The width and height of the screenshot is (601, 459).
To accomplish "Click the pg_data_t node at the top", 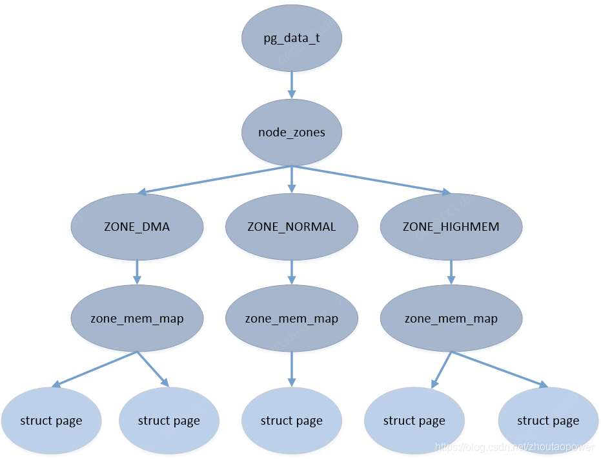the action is (292, 38).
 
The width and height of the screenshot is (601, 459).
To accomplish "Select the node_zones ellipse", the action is (292, 133).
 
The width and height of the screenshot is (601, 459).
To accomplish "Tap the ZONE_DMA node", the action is (138, 227).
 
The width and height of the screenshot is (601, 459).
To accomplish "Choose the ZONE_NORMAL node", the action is (292, 227).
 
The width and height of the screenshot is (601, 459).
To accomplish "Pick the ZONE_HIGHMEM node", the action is (451, 227).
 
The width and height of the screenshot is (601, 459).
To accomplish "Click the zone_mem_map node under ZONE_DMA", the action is (138, 318).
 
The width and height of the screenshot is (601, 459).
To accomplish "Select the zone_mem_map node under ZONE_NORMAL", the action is (292, 318).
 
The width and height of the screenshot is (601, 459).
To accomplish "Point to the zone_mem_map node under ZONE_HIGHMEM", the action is (451, 318).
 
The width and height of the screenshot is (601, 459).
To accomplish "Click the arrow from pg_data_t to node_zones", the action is (292, 85).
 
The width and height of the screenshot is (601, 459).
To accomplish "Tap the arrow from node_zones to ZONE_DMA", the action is (214, 180).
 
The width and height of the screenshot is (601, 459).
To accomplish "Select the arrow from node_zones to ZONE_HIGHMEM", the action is (371, 180).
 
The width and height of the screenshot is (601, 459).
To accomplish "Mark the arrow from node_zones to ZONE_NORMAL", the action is (292, 180).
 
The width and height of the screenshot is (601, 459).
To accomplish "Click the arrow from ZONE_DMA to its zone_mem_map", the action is (138, 272).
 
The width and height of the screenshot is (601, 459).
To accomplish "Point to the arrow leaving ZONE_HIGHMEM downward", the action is (451, 272).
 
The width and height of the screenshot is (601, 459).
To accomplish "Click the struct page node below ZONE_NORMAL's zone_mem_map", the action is (292, 421).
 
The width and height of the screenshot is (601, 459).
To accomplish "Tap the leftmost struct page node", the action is (52, 421).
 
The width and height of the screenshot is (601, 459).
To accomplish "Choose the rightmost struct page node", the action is (548, 421).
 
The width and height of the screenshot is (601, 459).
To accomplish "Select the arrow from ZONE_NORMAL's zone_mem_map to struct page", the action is (292, 369).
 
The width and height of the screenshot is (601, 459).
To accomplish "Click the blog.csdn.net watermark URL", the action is (514, 447).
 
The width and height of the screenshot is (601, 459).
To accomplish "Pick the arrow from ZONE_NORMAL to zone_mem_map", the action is (292, 272).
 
